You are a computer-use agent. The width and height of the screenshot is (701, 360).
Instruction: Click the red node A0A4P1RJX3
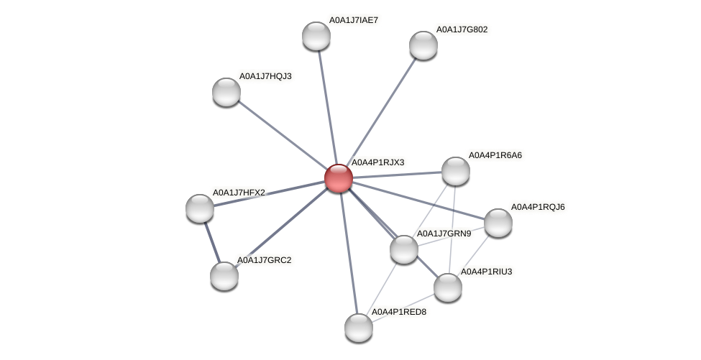click(x=338, y=178)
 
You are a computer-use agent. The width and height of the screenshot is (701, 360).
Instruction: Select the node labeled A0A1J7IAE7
click(x=316, y=36)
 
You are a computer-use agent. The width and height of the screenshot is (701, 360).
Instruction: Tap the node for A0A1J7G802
click(x=423, y=45)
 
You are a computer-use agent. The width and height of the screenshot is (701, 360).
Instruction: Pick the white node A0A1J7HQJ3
click(x=226, y=92)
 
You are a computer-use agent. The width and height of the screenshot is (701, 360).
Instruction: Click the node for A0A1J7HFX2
click(x=200, y=208)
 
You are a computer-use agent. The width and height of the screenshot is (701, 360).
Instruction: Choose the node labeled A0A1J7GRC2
click(x=224, y=276)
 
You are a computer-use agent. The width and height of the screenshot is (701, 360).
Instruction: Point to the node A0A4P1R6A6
click(x=455, y=171)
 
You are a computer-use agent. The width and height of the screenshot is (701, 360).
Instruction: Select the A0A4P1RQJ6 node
click(x=498, y=223)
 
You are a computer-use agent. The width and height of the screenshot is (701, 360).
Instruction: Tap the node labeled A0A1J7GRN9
click(x=403, y=249)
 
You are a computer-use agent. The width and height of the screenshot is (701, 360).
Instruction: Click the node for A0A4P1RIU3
click(x=447, y=287)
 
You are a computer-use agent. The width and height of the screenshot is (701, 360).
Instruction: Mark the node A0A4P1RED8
click(x=358, y=328)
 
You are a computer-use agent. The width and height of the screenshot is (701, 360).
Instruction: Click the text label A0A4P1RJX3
click(x=377, y=162)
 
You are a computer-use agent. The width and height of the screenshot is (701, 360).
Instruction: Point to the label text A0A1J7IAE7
click(x=354, y=20)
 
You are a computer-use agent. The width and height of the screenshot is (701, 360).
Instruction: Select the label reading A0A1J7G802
click(x=462, y=29)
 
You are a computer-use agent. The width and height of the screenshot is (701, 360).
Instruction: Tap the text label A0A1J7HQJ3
click(x=265, y=75)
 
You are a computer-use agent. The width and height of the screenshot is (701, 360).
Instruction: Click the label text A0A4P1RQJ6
click(x=538, y=207)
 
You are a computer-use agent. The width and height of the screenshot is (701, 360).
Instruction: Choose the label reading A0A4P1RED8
click(x=398, y=312)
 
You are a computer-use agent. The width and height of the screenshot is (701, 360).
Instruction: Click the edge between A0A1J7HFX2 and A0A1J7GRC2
click(x=212, y=242)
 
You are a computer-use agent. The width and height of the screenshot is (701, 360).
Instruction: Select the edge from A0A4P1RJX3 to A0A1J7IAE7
click(x=326, y=107)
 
